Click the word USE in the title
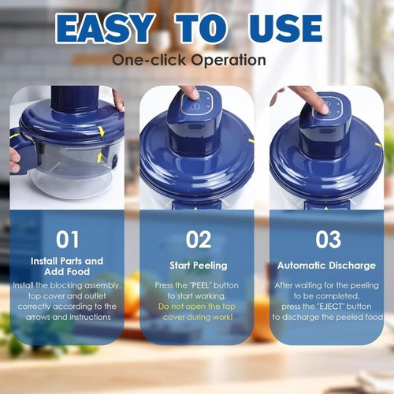(279, 28)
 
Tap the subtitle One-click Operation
(188, 60)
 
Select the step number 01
(67, 238)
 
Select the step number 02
(199, 239)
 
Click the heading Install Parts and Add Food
(67, 266)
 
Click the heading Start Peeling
(199, 266)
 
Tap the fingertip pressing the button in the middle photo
(189, 93)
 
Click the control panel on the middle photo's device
(194, 111)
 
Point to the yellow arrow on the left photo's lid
(102, 132)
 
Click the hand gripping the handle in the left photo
(14, 158)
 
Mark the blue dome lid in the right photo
(327, 158)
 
